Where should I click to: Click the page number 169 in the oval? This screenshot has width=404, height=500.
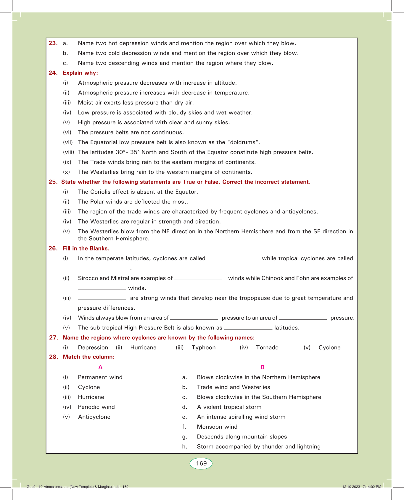(201, 464)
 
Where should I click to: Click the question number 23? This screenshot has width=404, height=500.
(53, 43)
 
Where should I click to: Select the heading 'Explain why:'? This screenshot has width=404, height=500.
(80, 73)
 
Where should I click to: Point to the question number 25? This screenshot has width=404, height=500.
(53, 182)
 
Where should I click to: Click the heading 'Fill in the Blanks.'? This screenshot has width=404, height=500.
(86, 249)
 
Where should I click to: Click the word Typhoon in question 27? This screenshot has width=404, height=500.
(204, 348)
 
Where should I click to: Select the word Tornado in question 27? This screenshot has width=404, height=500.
(267, 348)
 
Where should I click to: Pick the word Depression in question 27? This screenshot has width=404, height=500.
(93, 348)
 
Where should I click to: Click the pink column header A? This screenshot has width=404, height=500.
(100, 367)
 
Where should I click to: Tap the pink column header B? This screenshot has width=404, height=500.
(263, 367)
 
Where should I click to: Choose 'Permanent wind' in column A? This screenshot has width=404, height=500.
(100, 377)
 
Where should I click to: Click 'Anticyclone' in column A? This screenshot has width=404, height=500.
(94, 417)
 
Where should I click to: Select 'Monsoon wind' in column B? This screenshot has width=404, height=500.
(217, 427)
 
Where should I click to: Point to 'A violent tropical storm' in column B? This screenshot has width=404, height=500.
(229, 407)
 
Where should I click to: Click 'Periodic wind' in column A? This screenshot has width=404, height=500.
(96, 407)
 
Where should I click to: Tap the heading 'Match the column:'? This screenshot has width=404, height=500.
(88, 357)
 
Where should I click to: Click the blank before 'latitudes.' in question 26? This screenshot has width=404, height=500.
(248, 328)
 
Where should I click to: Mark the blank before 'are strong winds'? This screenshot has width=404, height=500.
(102, 299)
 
